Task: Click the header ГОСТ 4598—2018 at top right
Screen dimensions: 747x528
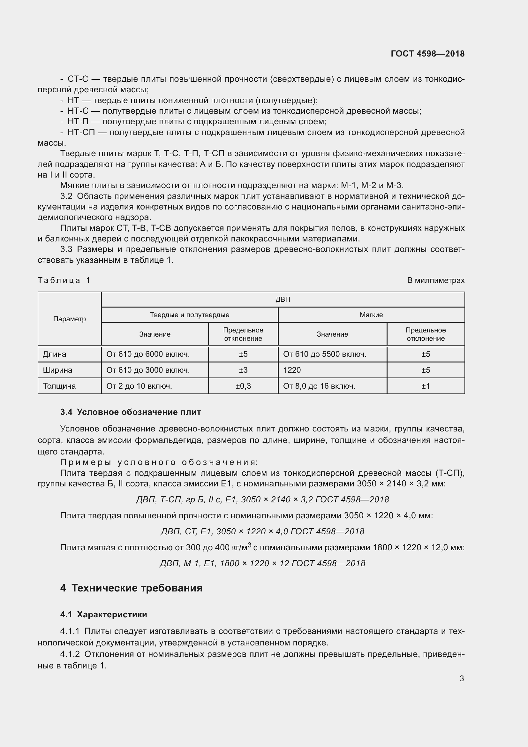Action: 427,54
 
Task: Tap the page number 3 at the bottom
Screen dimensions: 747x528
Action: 461,678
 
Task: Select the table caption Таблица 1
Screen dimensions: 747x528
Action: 64,280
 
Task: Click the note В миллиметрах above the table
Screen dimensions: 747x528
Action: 436,280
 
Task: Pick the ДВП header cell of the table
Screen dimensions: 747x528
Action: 283,299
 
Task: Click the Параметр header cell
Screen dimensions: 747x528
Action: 69,319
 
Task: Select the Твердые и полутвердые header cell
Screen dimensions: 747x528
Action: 189,315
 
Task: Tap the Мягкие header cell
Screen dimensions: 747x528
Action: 371,315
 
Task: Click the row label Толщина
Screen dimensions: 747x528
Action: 59,386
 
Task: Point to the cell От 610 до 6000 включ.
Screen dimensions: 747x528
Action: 148,354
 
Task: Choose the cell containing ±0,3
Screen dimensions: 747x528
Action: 243,386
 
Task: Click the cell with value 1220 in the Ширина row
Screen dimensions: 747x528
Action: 292,370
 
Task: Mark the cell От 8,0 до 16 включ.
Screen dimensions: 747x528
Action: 319,386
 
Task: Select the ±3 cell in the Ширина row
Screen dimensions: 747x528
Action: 243,370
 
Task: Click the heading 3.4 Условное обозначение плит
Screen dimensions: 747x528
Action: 131,412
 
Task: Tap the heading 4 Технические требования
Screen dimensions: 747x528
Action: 131,588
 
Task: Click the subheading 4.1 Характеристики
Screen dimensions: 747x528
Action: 104,614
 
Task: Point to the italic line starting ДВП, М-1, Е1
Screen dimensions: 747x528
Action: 262,563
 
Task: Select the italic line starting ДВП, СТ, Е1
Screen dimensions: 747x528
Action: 262,531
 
